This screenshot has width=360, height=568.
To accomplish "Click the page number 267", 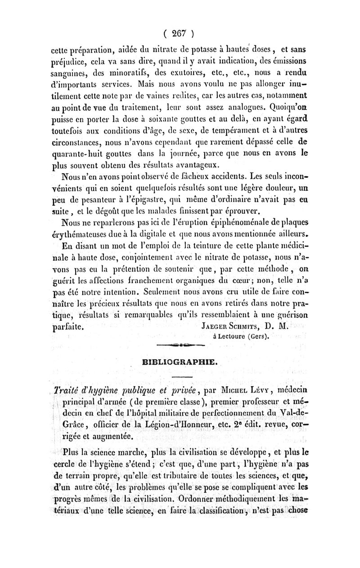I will point(179,33).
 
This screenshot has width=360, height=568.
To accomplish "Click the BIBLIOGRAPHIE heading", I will point(180,361).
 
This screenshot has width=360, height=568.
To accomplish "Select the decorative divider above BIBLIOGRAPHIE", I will point(180,346).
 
